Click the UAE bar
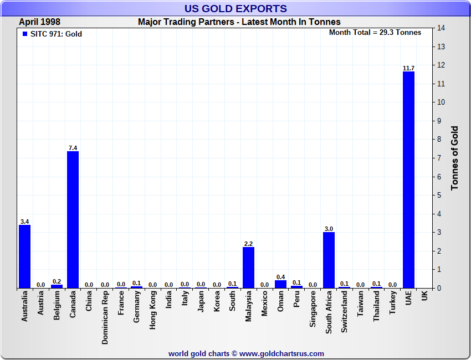(x=408, y=180)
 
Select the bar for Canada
(x=73, y=219)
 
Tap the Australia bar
(x=24, y=256)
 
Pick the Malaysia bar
(x=248, y=268)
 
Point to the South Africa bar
(x=329, y=260)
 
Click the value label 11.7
(x=408, y=68)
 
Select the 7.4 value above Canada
(x=73, y=148)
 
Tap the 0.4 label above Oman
(x=280, y=277)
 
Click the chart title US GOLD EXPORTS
(x=235, y=8)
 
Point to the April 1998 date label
(x=40, y=22)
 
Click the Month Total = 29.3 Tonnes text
(x=375, y=32)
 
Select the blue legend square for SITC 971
(x=24, y=34)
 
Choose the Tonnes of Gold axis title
(x=455, y=158)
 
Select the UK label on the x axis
(x=424, y=296)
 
